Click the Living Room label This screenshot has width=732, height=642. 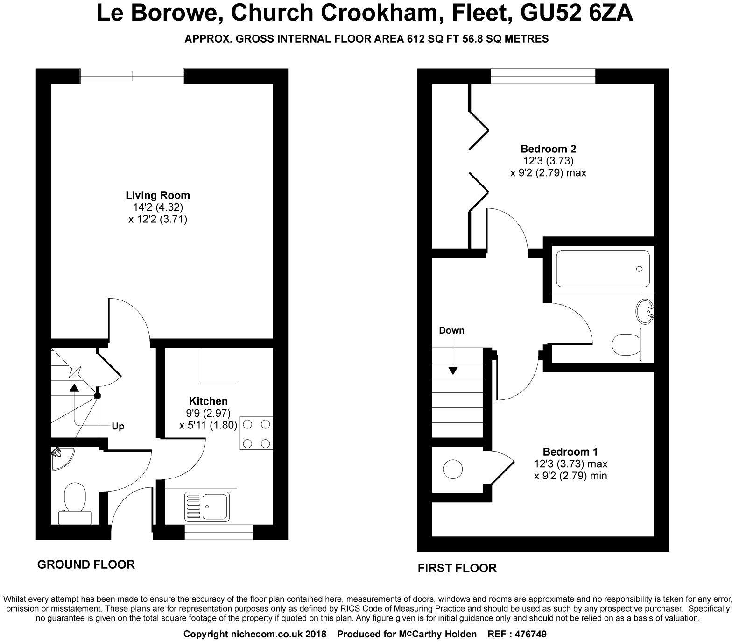coord(158,195)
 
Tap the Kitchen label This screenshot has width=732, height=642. coord(208,401)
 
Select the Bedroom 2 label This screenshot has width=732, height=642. coord(548,149)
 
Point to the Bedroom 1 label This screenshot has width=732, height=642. coord(570,452)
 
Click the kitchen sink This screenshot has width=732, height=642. coord(207,506)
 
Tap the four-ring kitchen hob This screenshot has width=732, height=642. coord(256,433)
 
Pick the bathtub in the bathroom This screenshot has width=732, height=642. coord(602,269)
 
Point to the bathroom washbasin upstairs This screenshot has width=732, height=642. coord(646,311)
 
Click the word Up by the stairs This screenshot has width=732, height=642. coord(118,426)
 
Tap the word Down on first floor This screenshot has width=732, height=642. coord(451,330)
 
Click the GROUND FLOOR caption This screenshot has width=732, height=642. coord(86,564)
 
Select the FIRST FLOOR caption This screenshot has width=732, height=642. coord(457,568)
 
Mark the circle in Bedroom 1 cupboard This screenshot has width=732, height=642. coord(452,469)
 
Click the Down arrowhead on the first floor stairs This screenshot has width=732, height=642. coord(453,371)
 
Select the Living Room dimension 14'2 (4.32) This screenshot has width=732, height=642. coord(158,207)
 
